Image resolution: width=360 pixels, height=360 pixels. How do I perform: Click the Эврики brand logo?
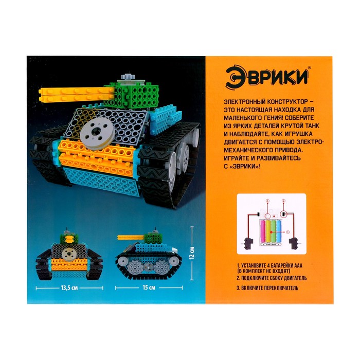coord(267,78)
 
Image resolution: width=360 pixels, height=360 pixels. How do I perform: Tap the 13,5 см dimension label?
coord(69,287)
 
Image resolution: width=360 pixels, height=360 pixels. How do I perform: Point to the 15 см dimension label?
coord(149,287)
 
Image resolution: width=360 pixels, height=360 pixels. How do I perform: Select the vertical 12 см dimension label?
coord(192,253)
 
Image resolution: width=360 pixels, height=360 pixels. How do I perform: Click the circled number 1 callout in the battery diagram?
coord(288,232)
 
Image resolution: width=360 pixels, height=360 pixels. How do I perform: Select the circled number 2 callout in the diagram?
coord(283,201)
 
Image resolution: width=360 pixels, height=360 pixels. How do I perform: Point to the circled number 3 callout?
coord(267,201)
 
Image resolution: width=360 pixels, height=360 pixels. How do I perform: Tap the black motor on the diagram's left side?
coord(248,243)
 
